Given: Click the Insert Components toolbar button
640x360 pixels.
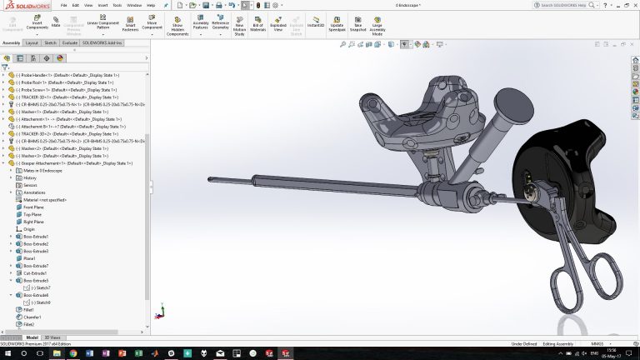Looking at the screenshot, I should click(x=37, y=22).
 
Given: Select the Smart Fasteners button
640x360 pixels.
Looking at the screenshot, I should click(x=130, y=22).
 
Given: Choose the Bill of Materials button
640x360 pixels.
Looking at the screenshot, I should click(x=257, y=22).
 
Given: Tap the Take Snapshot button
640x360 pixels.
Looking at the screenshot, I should click(x=357, y=22).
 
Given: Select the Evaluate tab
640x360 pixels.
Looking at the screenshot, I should click(x=71, y=42).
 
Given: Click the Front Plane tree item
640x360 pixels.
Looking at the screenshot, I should click(x=34, y=207).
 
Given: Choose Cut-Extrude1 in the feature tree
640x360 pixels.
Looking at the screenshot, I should click(x=36, y=272).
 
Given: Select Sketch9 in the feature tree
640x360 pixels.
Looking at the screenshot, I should click(x=42, y=302).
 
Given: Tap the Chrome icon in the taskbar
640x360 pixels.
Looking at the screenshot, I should click(x=73, y=353).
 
